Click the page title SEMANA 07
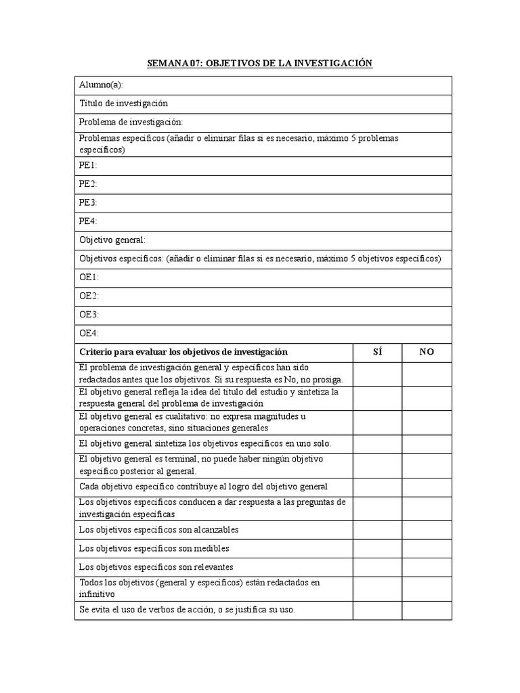[x=260, y=64]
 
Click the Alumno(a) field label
[x=101, y=85]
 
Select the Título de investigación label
[x=123, y=104]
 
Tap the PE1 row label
[x=88, y=165]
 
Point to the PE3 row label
[x=88, y=202]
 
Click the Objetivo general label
[x=112, y=240]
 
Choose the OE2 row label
[x=89, y=296]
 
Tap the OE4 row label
[x=89, y=333]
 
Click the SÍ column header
[x=377, y=352]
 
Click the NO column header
[x=427, y=352]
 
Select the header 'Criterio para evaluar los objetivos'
[x=183, y=352]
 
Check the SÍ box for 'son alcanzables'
[x=377, y=529]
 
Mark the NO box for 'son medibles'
[x=427, y=548]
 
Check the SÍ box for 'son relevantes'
[x=377, y=566]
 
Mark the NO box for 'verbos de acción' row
[x=427, y=610]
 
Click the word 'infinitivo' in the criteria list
[x=97, y=594]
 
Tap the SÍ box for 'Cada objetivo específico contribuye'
[x=377, y=487]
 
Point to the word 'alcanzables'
[x=216, y=529]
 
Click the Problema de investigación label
[x=131, y=122]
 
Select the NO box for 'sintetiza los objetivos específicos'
[x=427, y=443]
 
